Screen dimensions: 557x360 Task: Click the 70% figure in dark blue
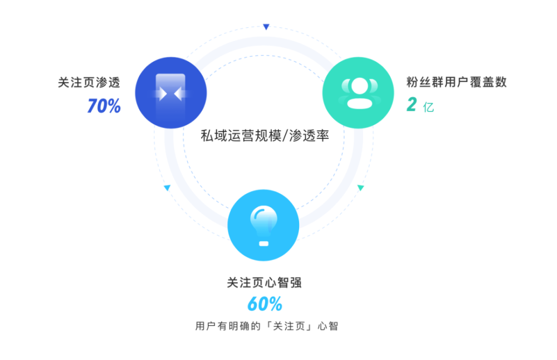pyautogui.click(x=104, y=106)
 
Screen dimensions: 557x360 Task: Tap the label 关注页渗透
pyautogui.click(x=89, y=82)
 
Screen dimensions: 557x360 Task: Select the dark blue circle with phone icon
pyautogui.click(x=171, y=93)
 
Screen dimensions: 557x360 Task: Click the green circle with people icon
pyautogui.click(x=358, y=93)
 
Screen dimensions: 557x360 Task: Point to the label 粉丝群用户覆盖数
pyautogui.click(x=457, y=82)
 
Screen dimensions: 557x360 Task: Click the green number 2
pyautogui.click(x=412, y=104)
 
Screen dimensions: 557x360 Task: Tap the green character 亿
pyautogui.click(x=428, y=107)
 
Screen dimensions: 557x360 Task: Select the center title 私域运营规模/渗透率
pyautogui.click(x=265, y=136)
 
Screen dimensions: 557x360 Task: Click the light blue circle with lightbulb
pyautogui.click(x=263, y=225)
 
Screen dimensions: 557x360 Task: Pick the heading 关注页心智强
pyautogui.click(x=264, y=283)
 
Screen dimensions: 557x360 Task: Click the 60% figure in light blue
pyautogui.click(x=265, y=304)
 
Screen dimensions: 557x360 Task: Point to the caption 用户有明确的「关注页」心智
pyautogui.click(x=266, y=326)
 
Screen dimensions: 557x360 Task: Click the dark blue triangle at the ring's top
pyautogui.click(x=266, y=27)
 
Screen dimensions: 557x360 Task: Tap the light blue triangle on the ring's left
pyautogui.click(x=167, y=188)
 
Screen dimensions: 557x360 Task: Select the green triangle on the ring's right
pyautogui.click(x=360, y=188)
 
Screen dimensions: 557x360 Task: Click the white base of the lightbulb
pyautogui.click(x=263, y=244)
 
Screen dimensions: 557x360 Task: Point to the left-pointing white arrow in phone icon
pyautogui.click(x=178, y=94)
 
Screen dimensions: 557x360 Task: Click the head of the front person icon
pyautogui.click(x=359, y=86)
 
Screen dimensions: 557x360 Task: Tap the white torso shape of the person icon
pyautogui.click(x=359, y=104)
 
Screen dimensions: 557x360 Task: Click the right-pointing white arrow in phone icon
pyautogui.click(x=163, y=94)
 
